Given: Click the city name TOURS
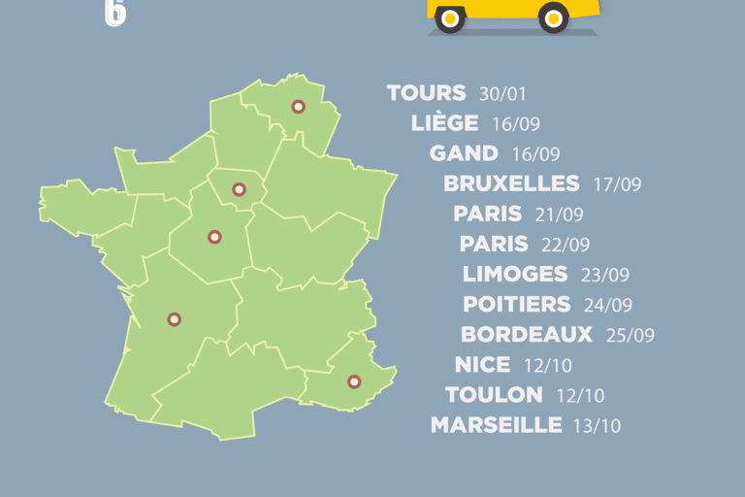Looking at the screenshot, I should coord(427,93).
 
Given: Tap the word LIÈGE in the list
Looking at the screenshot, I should coord(444,123).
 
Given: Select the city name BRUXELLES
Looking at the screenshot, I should coord(511,183).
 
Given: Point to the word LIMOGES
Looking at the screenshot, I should coord(515,274).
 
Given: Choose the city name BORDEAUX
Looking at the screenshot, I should coord(527,335).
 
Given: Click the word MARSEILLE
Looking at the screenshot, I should coord(496,425).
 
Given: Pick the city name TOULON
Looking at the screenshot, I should coord(494,395).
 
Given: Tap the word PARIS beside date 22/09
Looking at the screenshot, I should coord(494,244).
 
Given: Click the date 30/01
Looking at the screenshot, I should coord(502,94).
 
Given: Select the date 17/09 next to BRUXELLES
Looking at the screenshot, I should coord(617,184).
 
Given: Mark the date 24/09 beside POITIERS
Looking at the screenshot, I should coord(608,305).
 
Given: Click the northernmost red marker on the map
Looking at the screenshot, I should coord(298,107).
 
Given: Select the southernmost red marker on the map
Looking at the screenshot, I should coord(354,381).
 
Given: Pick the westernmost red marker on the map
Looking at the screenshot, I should coord(175,318).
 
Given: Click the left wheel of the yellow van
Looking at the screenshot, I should coord(450,17).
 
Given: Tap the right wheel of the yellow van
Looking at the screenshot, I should coord(554,17).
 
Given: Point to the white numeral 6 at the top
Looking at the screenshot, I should coord(114,12).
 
